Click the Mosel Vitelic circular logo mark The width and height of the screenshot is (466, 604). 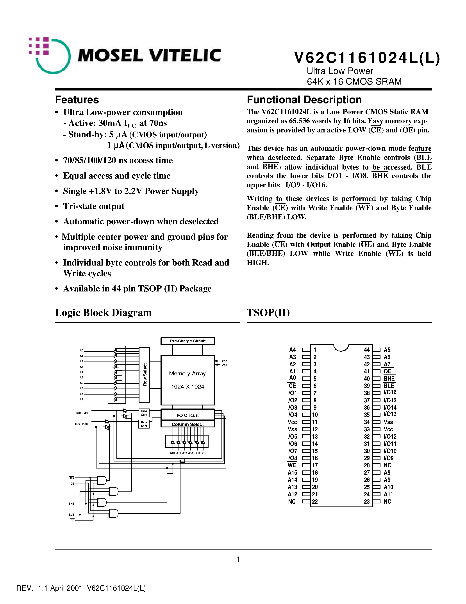pos(50,55)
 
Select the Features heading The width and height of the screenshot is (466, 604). pos(77,99)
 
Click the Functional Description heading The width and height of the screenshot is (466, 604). pos(304,99)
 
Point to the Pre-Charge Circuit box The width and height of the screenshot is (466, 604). pos(187,341)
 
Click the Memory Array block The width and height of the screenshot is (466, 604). pos(187,380)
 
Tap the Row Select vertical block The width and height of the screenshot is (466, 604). pos(144,374)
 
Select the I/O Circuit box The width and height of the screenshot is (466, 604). pos(187,415)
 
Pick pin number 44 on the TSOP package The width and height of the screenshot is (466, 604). pos(367,350)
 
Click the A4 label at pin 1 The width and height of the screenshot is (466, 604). pos(292,350)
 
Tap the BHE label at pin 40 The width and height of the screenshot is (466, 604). pos(389,379)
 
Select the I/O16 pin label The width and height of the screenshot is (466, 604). pos(390,392)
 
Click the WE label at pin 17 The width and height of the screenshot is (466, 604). pos(292,465)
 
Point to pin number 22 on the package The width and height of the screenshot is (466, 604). pos(315,502)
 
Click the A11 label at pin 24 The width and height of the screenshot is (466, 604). pos(388,494)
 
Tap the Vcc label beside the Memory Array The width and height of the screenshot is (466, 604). pos(224,361)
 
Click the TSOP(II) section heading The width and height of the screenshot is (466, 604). pos(268,313)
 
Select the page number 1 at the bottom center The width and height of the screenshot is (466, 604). pos(238,559)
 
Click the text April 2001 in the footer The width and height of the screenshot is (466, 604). pos(66,588)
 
